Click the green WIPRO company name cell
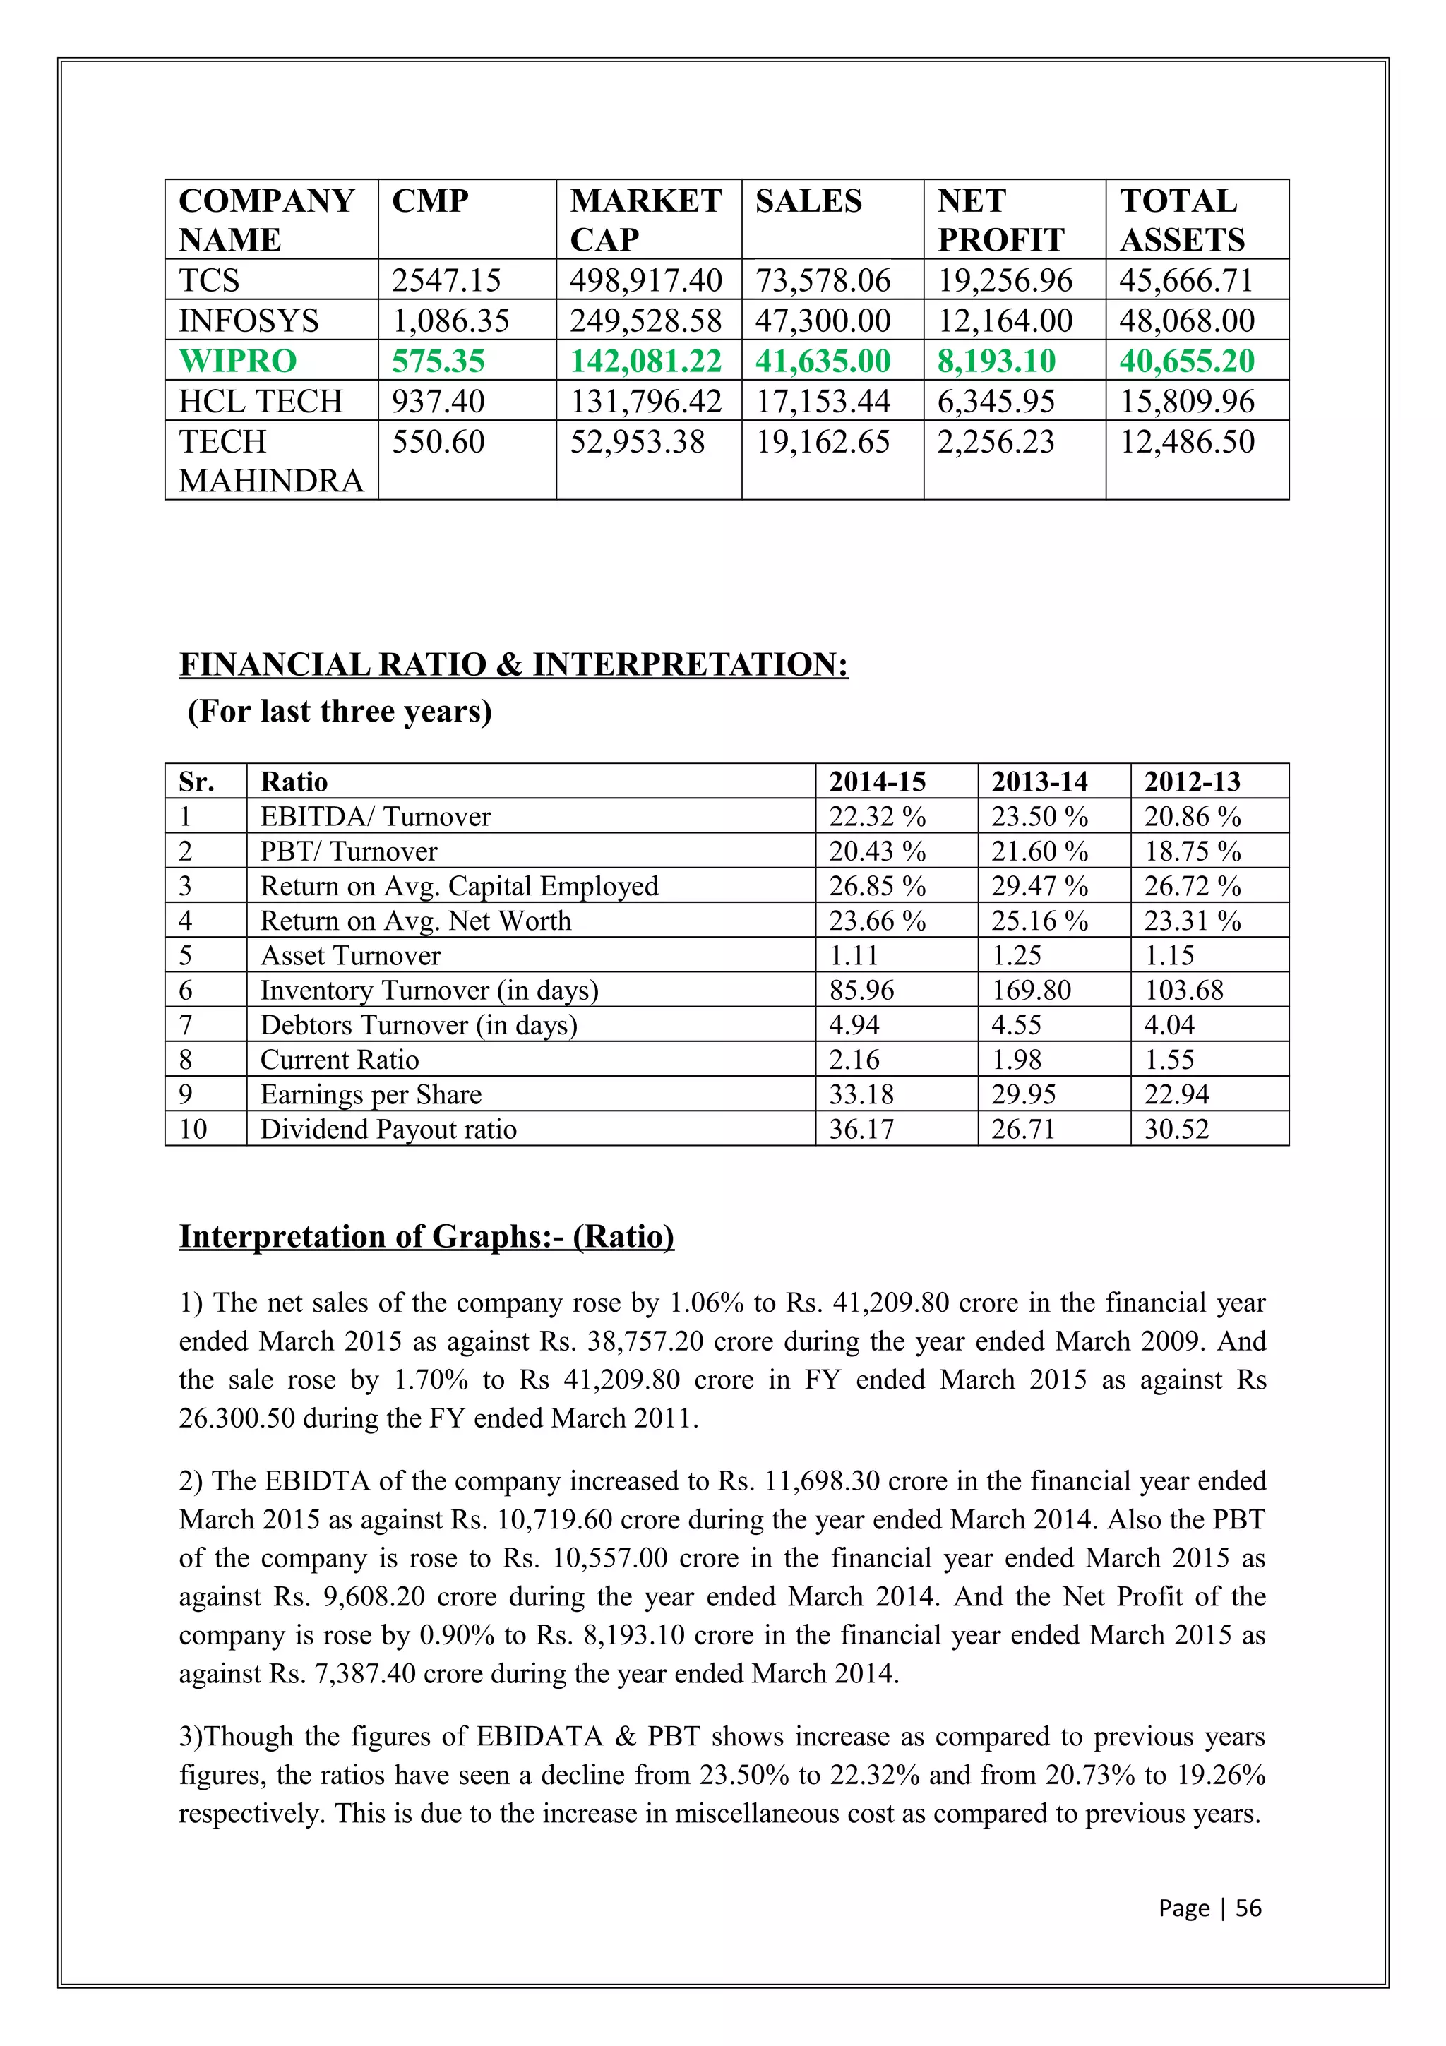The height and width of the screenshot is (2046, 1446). pos(237,361)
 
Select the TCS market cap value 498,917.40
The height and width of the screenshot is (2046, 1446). pos(646,281)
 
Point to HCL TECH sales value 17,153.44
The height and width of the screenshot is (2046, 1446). pos(823,402)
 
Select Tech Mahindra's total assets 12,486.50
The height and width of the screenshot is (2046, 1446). pos(1187,442)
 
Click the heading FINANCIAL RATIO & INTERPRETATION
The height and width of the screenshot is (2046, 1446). pos(513,665)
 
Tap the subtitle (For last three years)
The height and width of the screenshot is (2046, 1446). pos(339,711)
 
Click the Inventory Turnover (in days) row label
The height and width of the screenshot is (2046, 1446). pos(429,990)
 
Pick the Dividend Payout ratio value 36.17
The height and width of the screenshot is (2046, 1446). pos(861,1129)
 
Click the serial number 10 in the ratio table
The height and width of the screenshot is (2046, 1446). pos(193,1129)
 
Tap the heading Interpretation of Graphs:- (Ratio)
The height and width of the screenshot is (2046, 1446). pos(426,1236)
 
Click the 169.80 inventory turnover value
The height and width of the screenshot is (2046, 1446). pos(1031,990)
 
